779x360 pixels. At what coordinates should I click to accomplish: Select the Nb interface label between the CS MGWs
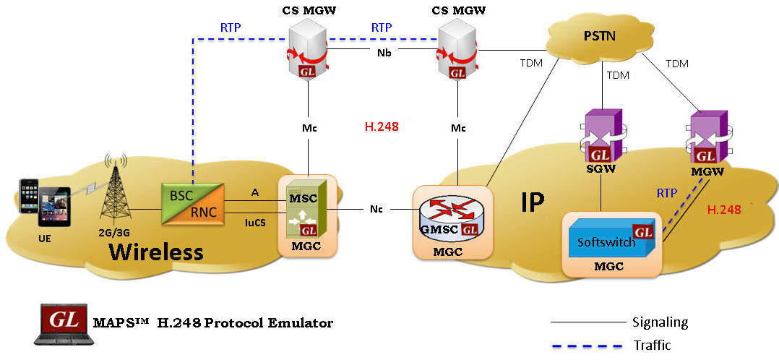[x=384, y=52]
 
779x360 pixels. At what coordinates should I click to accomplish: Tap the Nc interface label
[x=376, y=210]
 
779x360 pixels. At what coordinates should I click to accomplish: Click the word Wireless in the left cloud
[x=155, y=252]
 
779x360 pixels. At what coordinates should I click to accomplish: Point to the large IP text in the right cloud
[x=533, y=202]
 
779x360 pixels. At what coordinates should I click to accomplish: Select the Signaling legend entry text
[x=660, y=322]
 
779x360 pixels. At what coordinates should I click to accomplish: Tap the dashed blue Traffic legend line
[x=585, y=344]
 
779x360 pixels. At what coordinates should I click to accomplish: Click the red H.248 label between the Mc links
[x=379, y=127]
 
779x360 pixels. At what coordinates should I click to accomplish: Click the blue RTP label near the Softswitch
[x=667, y=193]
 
